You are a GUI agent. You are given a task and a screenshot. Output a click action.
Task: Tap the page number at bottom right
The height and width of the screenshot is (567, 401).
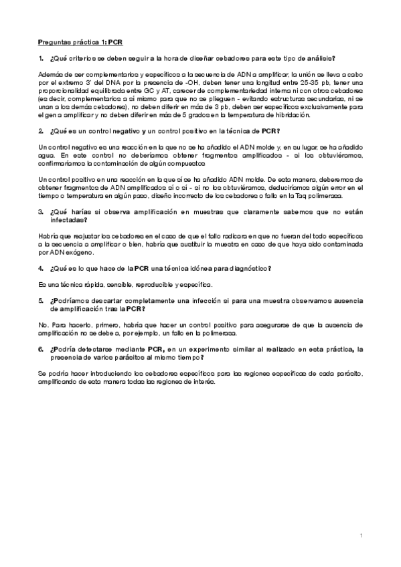point(361,536)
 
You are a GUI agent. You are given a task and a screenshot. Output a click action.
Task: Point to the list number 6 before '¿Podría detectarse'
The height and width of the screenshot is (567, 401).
point(41,349)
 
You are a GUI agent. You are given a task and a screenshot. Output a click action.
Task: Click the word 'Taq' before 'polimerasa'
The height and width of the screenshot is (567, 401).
point(297,196)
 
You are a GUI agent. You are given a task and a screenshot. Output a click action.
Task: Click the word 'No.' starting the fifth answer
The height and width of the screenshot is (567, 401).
point(44,324)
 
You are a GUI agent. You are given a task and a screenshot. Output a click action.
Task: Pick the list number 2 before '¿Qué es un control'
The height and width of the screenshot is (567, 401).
point(41,130)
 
